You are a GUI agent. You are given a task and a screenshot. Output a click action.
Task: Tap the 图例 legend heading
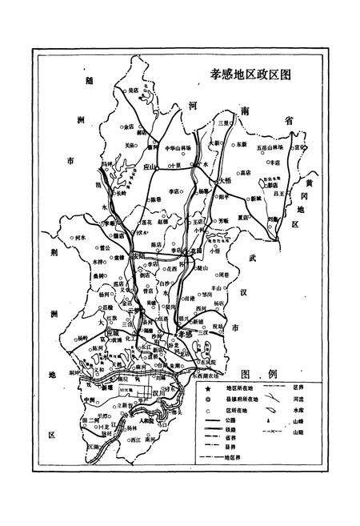click(x=258, y=373)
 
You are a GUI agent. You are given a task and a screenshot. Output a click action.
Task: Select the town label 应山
click(x=150, y=167)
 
